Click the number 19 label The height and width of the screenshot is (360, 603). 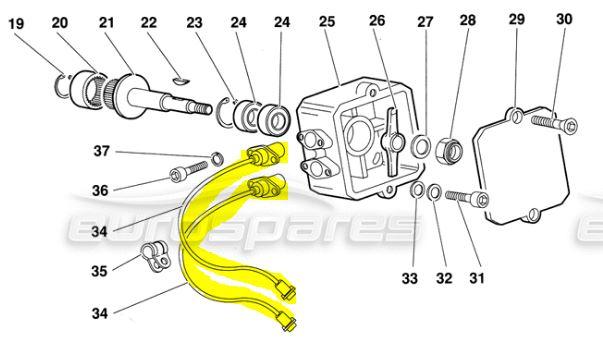click(x=16, y=24)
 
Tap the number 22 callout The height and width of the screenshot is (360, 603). click(x=149, y=22)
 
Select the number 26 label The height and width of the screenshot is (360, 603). click(x=377, y=21)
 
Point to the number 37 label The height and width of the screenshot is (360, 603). click(x=102, y=151)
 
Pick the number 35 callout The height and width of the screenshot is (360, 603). click(x=99, y=271)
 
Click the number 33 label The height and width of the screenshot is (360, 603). click(x=410, y=278)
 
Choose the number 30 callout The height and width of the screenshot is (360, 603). click(x=564, y=19)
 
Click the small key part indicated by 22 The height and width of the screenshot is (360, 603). click(x=180, y=80)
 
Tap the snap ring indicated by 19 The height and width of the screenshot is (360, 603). click(x=63, y=85)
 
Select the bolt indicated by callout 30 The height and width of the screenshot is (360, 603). click(x=554, y=123)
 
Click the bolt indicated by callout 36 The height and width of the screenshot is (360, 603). click(x=188, y=171)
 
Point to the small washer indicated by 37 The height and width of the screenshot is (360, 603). click(x=217, y=158)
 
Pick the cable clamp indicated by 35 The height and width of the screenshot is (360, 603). click(x=155, y=256)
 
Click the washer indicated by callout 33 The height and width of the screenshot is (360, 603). click(x=417, y=190)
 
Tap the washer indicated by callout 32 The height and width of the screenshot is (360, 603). click(x=434, y=192)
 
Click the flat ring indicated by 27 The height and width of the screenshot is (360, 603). click(x=421, y=146)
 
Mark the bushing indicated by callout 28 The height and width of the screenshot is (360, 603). click(x=449, y=150)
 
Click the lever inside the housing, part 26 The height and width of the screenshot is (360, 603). click(x=393, y=142)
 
